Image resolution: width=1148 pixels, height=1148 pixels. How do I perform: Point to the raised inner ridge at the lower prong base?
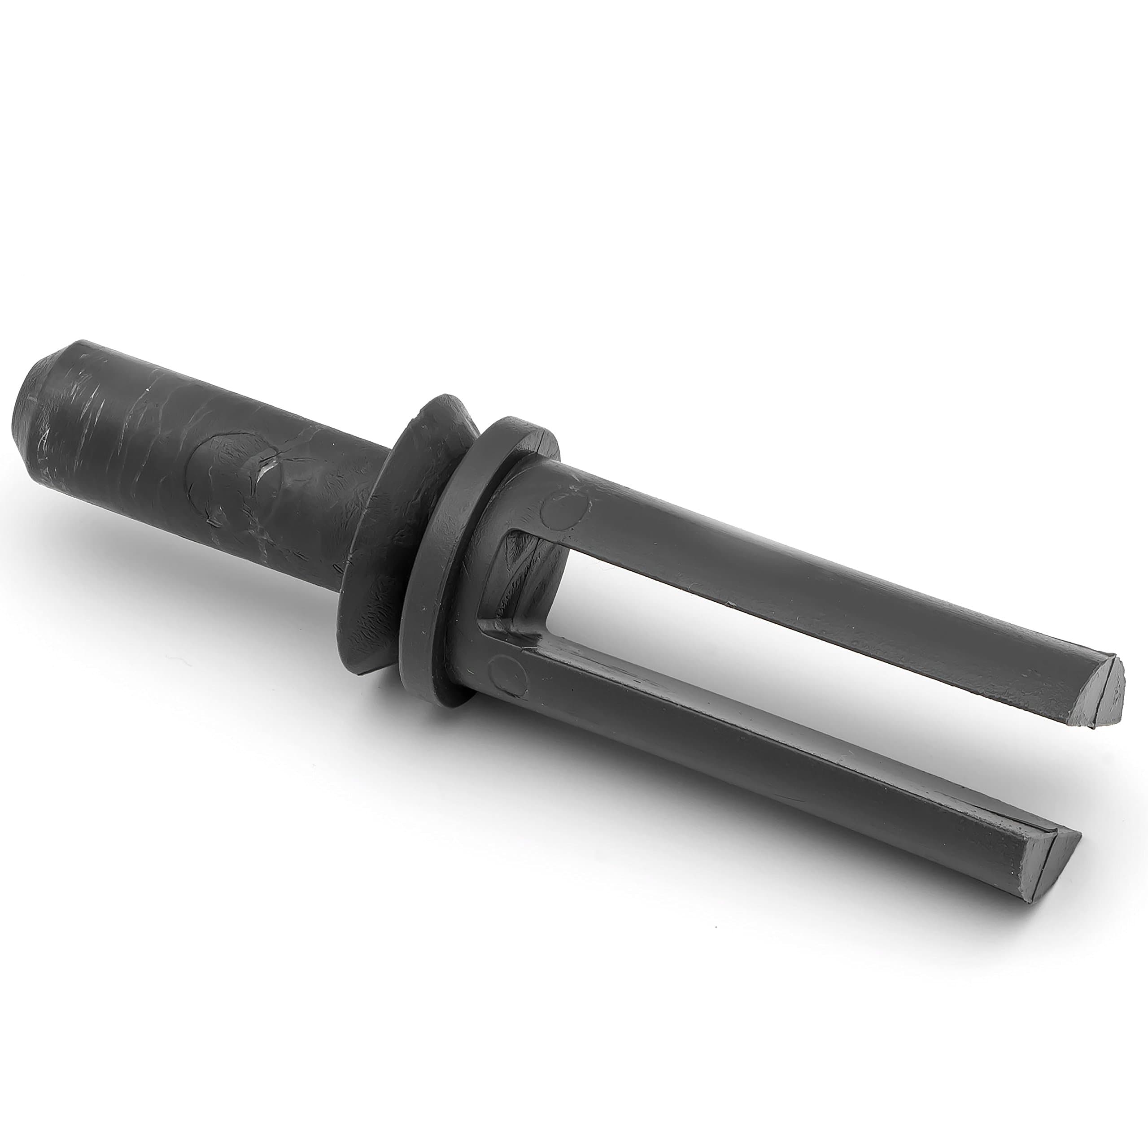505,630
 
